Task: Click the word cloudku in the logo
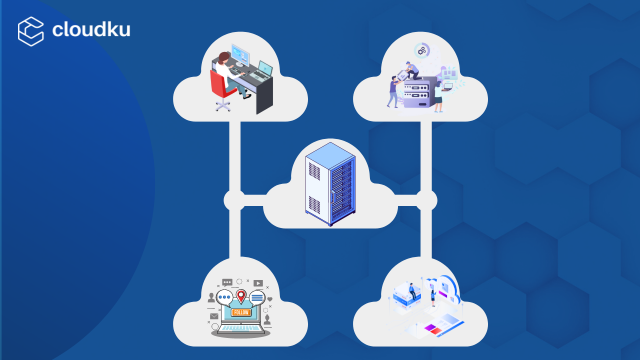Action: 91,29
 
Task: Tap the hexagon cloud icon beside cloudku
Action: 30,30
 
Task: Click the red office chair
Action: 220,88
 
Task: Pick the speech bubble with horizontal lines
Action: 259,297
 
